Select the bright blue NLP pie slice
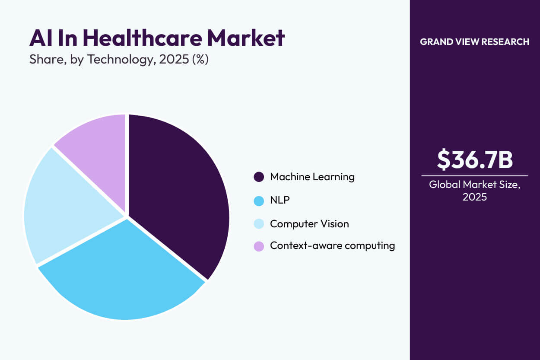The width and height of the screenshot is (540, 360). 125,277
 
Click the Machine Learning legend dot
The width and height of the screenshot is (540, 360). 259,177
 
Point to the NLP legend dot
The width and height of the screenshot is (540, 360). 259,201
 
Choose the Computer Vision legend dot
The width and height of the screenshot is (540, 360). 259,224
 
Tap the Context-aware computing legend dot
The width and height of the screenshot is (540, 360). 259,246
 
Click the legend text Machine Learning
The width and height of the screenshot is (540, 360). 312,177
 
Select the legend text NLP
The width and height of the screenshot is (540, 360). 280,201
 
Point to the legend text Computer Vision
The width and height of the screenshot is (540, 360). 309,224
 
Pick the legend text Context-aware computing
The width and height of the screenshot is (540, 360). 332,246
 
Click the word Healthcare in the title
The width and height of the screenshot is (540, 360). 142,38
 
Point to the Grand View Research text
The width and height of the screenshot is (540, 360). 474,42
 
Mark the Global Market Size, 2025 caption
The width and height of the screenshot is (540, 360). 474,191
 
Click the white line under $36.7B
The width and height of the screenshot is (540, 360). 474,176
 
